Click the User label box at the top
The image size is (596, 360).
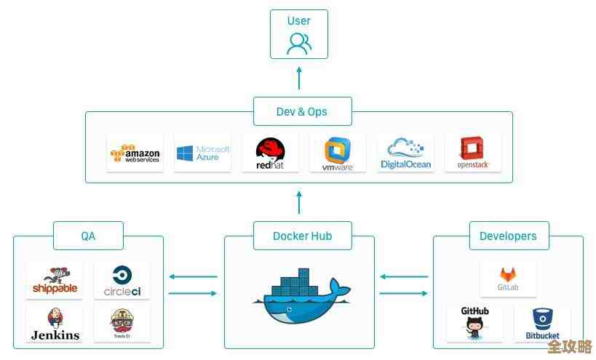tap(298, 33)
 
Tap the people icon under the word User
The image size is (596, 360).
tap(298, 44)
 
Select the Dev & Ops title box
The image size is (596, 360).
tap(301, 111)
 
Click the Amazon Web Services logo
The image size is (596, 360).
tap(135, 153)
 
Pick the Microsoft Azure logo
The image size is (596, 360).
tap(202, 153)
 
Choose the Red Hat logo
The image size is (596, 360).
tap(270, 153)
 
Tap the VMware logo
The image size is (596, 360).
tap(338, 153)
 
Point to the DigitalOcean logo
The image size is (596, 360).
tap(405, 153)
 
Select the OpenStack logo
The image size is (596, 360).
tap(473, 153)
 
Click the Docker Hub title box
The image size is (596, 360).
tap(302, 236)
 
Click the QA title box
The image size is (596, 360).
tap(88, 236)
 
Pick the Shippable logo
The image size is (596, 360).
tap(55, 281)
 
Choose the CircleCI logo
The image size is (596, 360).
tap(122, 281)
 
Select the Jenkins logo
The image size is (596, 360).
tap(55, 324)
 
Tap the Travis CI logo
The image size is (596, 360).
tap(122, 324)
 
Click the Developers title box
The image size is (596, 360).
tap(508, 236)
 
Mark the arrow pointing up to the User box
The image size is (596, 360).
tap(298, 76)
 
